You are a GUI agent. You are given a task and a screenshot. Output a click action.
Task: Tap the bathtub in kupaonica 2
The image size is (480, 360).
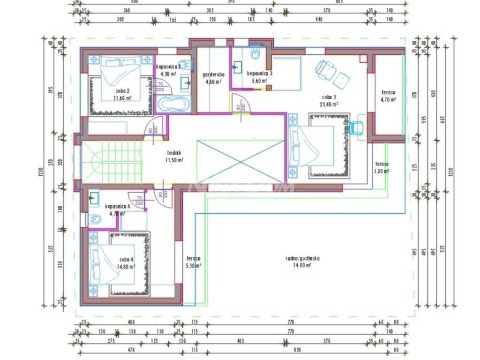(x=172, y=104)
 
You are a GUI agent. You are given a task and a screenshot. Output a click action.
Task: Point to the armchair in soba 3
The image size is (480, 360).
(x=325, y=70)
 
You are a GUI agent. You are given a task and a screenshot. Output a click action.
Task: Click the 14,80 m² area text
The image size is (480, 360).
(x=126, y=267)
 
